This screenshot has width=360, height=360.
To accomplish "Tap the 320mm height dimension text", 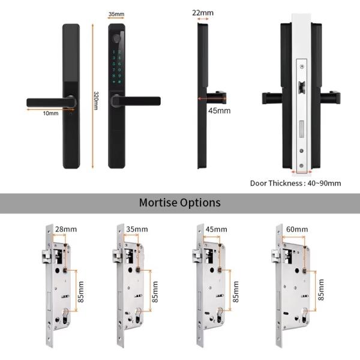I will pos(96,100).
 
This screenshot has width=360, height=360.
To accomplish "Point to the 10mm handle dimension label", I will pos(50,113).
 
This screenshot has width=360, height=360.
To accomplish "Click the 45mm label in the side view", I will pos(219,110).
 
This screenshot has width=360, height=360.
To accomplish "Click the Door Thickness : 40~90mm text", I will pos(295,183).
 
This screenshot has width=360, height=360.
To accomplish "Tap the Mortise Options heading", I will pos(179,203).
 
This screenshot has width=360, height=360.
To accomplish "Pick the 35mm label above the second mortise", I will pos(136,229).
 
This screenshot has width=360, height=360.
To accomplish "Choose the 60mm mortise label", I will pos(297,229).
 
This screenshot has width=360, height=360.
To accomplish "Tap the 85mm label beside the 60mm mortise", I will pos(321,290).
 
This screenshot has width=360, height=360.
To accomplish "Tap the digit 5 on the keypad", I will pos(119,63).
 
